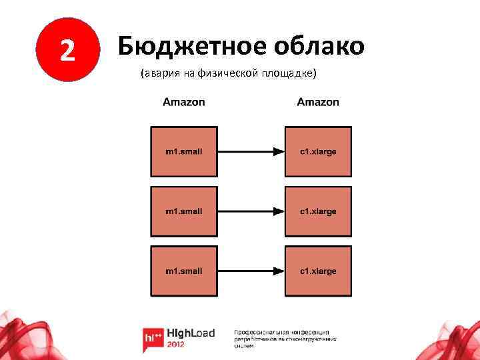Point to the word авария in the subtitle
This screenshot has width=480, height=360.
(x=158, y=74)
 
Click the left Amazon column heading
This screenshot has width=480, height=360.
(x=184, y=102)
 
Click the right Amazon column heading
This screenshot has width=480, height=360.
(x=318, y=102)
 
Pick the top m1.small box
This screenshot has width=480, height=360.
(x=184, y=151)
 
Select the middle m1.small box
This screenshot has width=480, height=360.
(x=184, y=211)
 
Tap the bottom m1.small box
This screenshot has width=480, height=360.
(x=184, y=271)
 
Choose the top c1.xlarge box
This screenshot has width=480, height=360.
(x=318, y=151)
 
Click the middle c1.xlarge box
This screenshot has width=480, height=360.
(x=318, y=211)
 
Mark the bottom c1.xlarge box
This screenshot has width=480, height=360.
(x=318, y=271)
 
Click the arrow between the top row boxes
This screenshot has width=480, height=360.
(x=251, y=152)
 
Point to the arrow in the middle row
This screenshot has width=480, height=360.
(x=251, y=212)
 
